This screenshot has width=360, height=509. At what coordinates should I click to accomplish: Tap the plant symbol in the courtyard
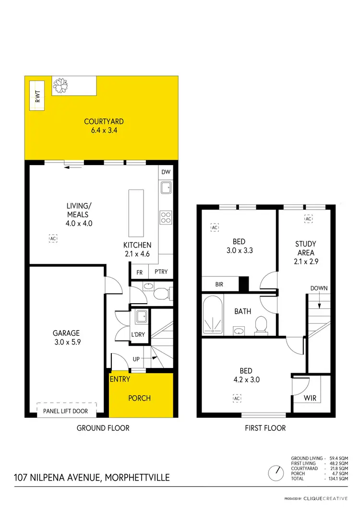click(60, 86)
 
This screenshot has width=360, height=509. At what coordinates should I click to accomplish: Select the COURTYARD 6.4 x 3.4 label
click(101, 126)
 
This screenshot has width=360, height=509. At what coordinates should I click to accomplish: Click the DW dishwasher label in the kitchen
click(166, 172)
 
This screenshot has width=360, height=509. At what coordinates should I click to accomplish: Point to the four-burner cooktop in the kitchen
click(166, 217)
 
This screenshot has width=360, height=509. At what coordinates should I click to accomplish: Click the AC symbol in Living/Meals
click(53, 238)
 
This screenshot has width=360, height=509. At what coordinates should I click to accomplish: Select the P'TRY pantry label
click(160, 272)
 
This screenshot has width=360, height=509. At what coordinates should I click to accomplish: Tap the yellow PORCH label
click(140, 398)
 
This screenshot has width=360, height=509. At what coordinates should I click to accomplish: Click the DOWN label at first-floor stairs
click(319, 288)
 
